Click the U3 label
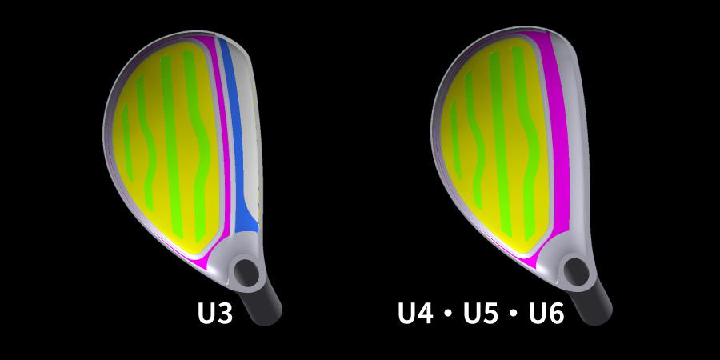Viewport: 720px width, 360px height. [214, 313]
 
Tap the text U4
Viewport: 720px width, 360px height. [418, 313]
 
